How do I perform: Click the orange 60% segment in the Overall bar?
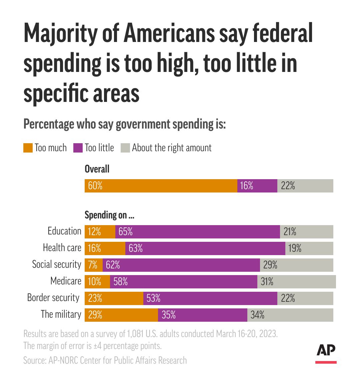click(x=161, y=186)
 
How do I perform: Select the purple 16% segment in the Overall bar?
click(x=257, y=186)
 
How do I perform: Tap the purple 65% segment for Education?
click(x=197, y=232)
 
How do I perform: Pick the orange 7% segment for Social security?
click(x=93, y=265)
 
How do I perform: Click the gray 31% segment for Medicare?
click(x=296, y=282)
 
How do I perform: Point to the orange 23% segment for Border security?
click(x=114, y=298)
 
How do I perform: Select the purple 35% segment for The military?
click(x=202, y=315)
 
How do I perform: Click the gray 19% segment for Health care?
click(x=309, y=248)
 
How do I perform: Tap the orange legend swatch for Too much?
click(x=28, y=148)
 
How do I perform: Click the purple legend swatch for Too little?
click(x=78, y=148)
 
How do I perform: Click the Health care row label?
click(x=62, y=248)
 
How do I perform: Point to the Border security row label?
click(x=53, y=298)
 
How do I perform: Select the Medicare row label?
click(x=66, y=281)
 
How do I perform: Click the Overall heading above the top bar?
click(x=97, y=169)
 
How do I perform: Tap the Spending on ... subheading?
click(x=109, y=215)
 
